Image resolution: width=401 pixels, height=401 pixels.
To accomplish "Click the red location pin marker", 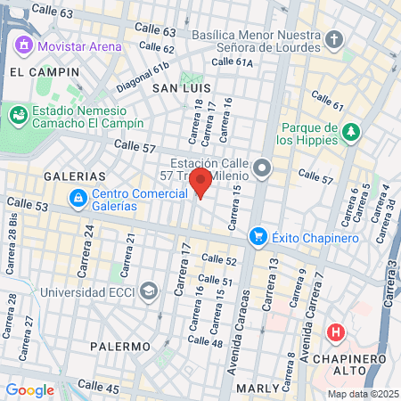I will [x=200, y=183].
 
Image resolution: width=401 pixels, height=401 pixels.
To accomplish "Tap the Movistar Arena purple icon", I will [x=24, y=45].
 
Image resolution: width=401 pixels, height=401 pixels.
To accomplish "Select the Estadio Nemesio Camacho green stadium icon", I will [x=17, y=115].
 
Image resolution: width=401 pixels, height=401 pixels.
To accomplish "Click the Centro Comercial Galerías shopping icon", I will [x=78, y=197].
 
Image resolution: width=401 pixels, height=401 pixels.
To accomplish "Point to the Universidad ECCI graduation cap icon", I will [x=147, y=291].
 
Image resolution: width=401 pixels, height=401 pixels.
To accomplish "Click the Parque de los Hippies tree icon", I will [x=352, y=132].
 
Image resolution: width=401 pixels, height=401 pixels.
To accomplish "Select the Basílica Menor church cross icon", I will [x=334, y=40].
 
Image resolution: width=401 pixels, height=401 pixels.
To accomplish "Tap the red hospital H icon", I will [x=336, y=333].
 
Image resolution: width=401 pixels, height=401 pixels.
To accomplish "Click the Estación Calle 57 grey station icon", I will [x=261, y=167].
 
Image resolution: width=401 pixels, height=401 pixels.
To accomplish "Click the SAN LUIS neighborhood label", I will [x=181, y=89].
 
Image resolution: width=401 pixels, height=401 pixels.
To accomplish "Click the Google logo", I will [x=29, y=389].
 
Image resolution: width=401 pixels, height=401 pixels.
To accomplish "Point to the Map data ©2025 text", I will [x=361, y=394].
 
